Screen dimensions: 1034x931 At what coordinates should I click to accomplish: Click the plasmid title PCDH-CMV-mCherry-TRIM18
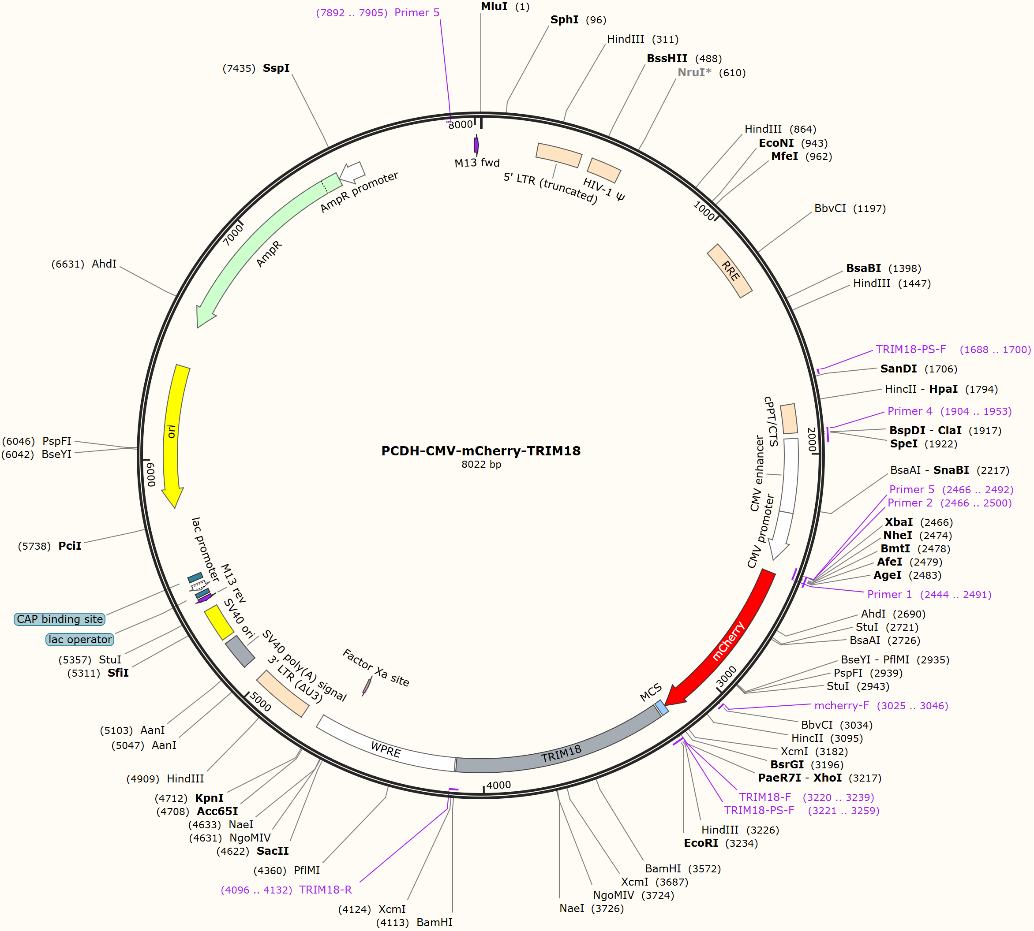tap(481, 451)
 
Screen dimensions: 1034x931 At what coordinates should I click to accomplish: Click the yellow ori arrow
tap(173, 435)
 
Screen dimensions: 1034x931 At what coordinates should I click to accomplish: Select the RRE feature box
tap(730, 271)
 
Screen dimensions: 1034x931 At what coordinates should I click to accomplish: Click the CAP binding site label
tap(60, 619)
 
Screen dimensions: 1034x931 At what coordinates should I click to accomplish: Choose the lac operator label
tap(80, 640)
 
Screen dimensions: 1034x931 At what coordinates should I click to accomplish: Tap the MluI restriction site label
tap(494, 7)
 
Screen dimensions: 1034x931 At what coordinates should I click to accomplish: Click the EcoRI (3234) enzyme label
tap(701, 843)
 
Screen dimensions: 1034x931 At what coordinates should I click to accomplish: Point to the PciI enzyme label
tap(70, 546)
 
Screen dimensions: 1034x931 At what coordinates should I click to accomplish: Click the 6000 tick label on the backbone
tap(150, 474)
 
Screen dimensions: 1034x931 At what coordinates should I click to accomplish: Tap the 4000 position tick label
tap(498, 785)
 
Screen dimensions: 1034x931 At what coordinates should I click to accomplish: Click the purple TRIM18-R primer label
tap(326, 890)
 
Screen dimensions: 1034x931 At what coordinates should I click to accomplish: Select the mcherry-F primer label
tap(842, 705)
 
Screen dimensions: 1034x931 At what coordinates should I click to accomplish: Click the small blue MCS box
tap(662, 708)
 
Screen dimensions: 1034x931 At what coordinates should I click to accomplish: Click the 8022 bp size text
tap(481, 465)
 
